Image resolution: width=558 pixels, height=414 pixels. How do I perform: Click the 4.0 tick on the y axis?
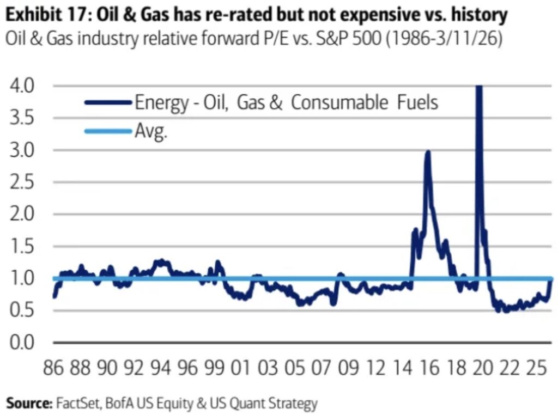pyautogui.click(x=20, y=86)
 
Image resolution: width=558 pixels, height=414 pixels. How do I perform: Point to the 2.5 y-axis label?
pyautogui.click(x=20, y=182)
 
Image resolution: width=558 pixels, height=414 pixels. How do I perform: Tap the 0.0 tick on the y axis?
pyautogui.click(x=20, y=343)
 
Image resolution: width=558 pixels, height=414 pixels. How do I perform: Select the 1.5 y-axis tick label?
pyautogui.click(x=20, y=247)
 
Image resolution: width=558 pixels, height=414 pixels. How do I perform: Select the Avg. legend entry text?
pyautogui.click(x=151, y=132)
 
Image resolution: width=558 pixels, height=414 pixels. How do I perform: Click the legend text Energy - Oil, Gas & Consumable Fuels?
pyautogui.click(x=287, y=102)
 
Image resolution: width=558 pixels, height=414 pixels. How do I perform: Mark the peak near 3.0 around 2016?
pyautogui.click(x=428, y=153)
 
